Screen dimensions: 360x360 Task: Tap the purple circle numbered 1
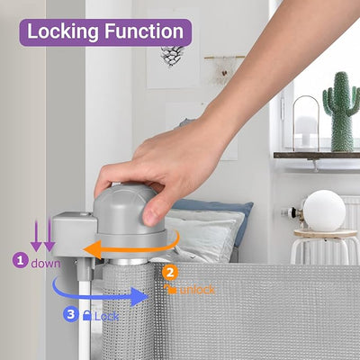19,262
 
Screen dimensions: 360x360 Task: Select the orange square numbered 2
172,271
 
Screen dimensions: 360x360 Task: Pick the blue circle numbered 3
72,315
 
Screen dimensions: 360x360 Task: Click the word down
45,263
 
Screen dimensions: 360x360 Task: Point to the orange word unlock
197,290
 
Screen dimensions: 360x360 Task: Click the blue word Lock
107,316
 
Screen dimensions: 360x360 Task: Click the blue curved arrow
99,293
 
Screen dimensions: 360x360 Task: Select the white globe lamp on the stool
323,210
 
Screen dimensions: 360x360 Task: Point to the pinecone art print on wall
172,56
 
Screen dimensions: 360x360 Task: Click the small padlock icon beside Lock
88,316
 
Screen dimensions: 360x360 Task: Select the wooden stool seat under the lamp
323,234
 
